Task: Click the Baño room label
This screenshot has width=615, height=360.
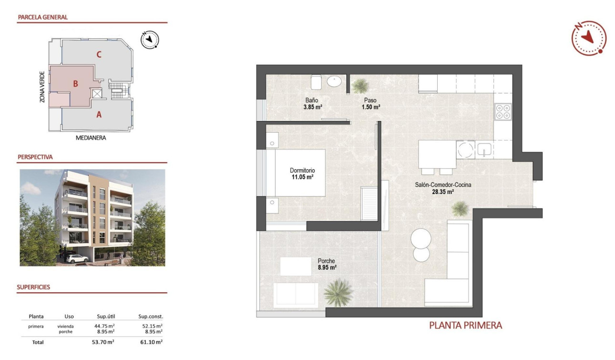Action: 312,101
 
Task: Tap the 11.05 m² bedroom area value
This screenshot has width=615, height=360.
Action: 302,177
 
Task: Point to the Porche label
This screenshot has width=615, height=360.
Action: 327,261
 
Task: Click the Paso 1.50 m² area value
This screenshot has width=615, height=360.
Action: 370,107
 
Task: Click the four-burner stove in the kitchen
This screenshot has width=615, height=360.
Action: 503,112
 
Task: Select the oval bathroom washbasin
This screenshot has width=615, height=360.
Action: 334,82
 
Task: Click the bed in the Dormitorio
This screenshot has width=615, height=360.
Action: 296,173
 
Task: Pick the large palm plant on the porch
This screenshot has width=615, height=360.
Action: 338,292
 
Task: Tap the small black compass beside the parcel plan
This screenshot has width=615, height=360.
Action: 150,40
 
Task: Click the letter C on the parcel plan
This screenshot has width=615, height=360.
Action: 99,54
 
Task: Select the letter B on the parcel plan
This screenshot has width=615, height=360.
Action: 75,84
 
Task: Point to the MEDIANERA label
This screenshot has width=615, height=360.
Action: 91,138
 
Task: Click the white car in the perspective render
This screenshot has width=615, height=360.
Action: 77,258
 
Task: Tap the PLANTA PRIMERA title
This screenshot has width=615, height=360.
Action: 465,326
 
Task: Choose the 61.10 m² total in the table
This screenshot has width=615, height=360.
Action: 153,342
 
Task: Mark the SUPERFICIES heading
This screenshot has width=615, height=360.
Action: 33,287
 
